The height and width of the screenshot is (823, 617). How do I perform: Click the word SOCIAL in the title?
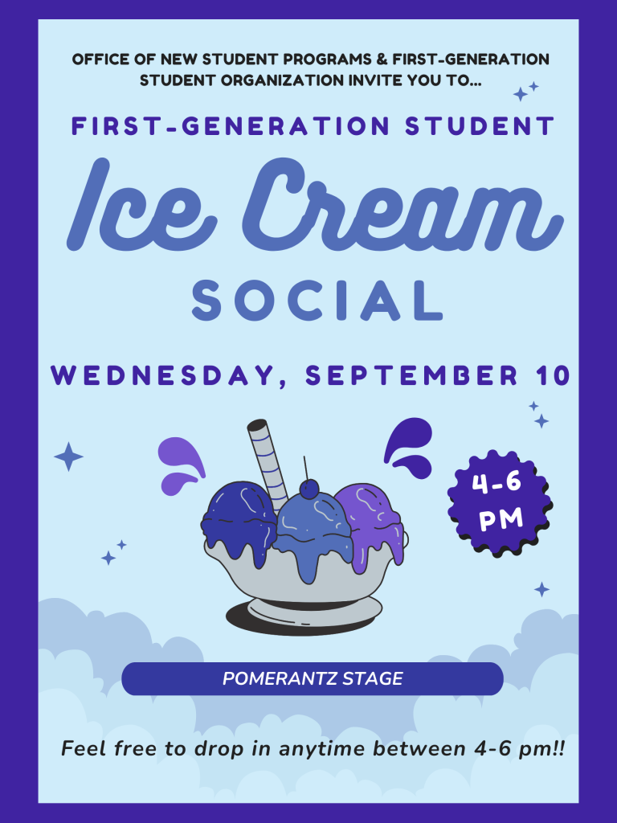(317, 301)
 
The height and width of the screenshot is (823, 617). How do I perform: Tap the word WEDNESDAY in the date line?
(163, 376)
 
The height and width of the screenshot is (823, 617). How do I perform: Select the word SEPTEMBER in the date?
(412, 376)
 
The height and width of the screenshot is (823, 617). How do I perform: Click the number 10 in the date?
(553, 376)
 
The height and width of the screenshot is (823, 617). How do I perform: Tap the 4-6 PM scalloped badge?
(500, 502)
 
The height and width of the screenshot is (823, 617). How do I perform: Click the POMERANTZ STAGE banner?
(313, 678)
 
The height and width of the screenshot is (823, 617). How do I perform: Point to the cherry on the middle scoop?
(309, 489)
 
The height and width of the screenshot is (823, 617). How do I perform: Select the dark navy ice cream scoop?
(239, 522)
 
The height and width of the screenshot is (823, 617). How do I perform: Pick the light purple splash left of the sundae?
(181, 465)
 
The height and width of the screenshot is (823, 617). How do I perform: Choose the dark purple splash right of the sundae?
(409, 447)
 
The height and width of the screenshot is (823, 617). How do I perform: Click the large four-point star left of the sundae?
(69, 457)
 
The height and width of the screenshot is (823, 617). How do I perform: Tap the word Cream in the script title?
(402, 205)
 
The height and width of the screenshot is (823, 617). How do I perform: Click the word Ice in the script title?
(141, 205)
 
